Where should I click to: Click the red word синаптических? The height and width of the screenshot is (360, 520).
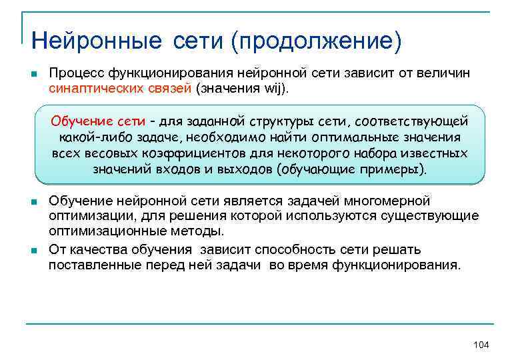coord(96,88)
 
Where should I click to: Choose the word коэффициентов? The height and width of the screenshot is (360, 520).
coord(209,153)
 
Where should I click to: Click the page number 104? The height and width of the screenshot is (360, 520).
coord(481,344)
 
